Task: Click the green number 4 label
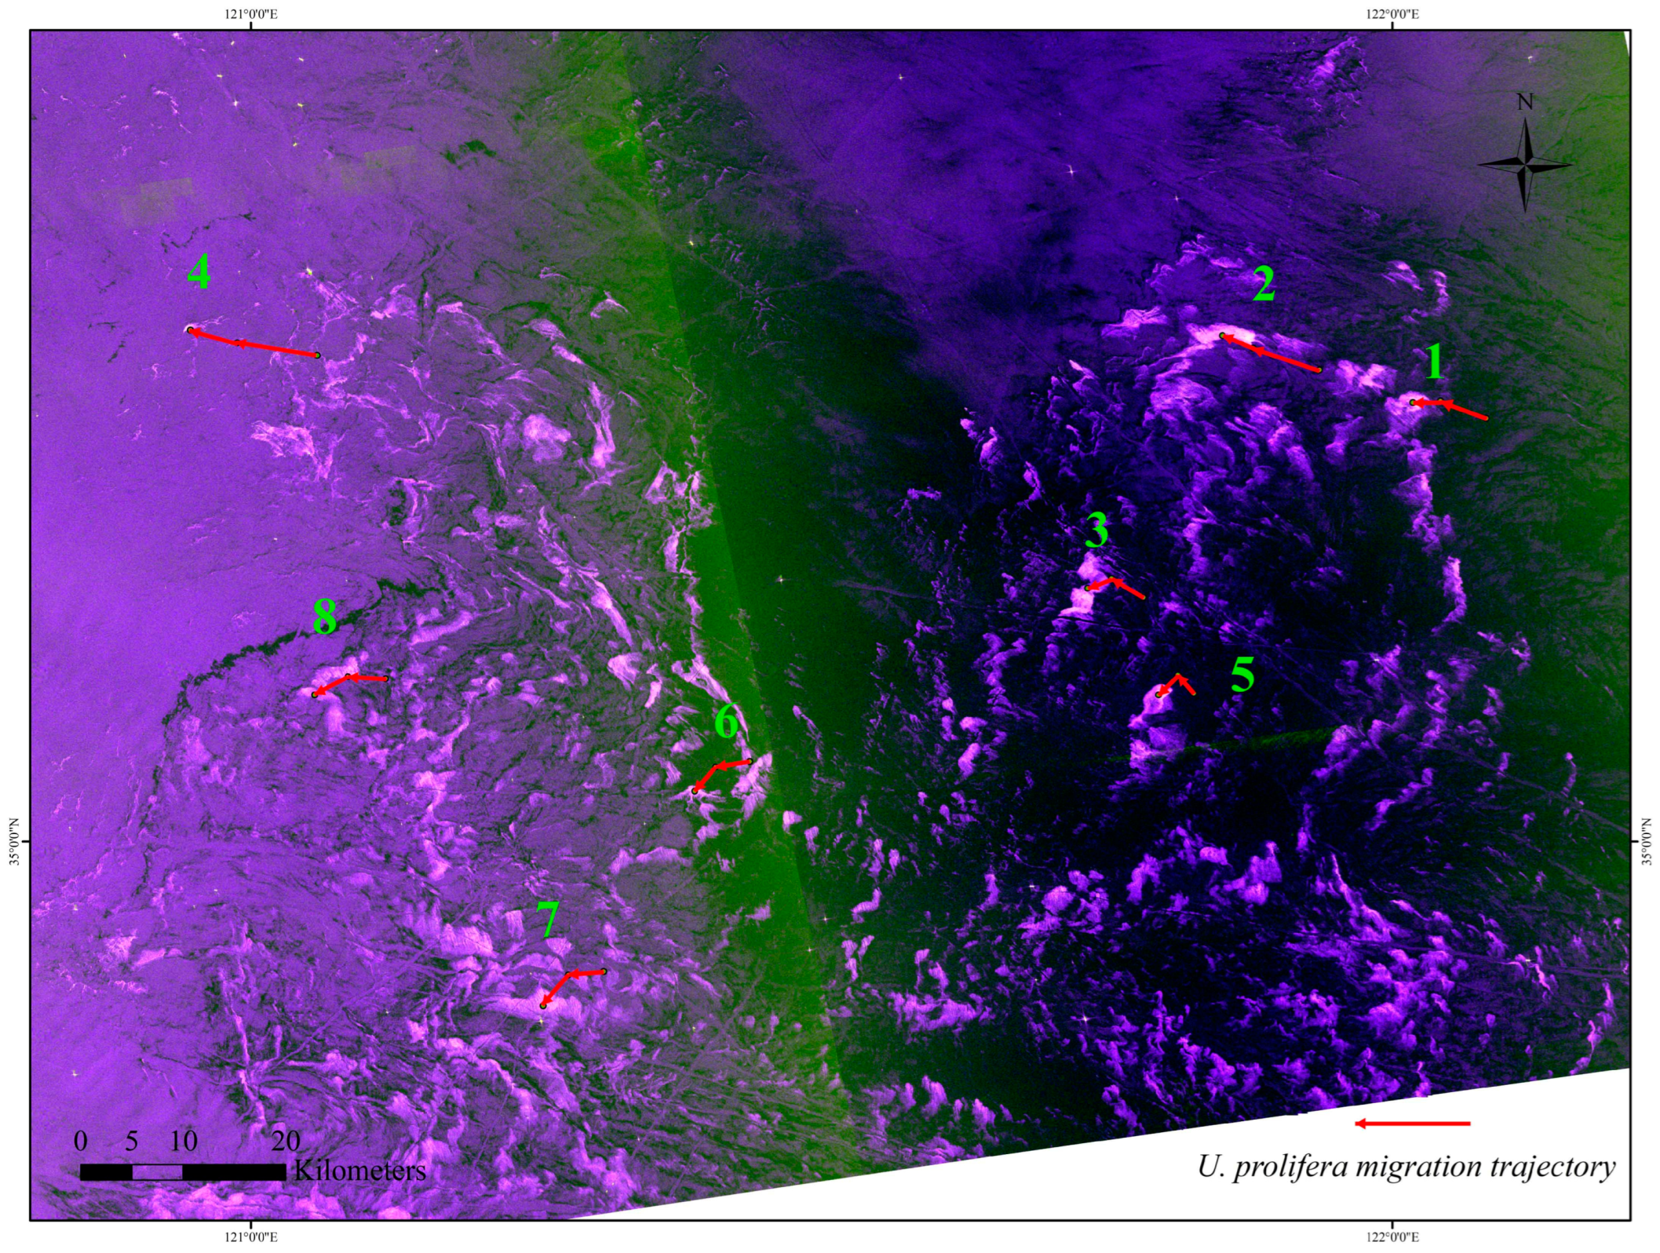coord(199,272)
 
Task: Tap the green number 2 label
coord(1264,284)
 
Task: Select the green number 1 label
coord(1435,362)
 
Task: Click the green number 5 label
coord(1242,675)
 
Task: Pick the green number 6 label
coord(727,722)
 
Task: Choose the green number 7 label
coord(548,919)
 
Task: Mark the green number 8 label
coord(325,617)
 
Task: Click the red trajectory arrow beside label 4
coord(253,344)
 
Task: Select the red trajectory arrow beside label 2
coord(1270,352)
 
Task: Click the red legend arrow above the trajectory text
coord(1412,1124)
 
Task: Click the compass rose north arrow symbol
coord(1525,166)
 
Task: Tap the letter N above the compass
coord(1525,102)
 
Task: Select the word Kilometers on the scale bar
coord(359,1171)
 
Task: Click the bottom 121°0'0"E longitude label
coord(251,1237)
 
